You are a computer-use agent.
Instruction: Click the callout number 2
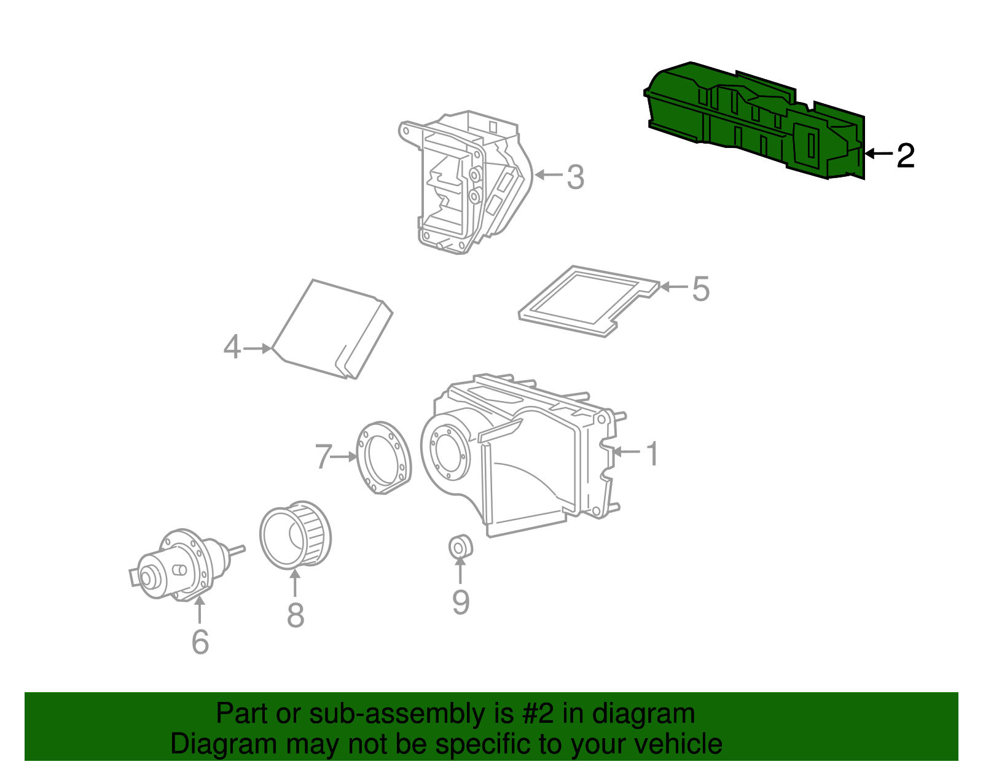click(906, 156)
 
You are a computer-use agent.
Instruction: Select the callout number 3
click(575, 177)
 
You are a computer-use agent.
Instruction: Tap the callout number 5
click(700, 289)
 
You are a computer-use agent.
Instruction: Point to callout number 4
click(232, 348)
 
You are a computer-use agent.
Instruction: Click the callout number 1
click(652, 454)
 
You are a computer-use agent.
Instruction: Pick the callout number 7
click(323, 457)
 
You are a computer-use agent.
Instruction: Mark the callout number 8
click(296, 615)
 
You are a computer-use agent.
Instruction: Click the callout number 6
click(200, 642)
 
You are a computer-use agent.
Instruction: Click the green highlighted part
click(756, 120)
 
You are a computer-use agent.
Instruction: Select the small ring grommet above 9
click(460, 546)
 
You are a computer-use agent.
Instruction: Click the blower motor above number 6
click(178, 565)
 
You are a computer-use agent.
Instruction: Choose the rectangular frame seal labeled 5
click(587, 301)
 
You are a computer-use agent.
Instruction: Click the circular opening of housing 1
click(447, 454)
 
